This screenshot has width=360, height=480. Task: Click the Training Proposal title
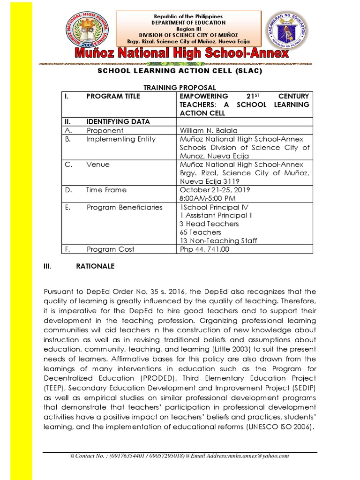tap(180, 88)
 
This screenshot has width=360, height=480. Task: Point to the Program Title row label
tap(113, 96)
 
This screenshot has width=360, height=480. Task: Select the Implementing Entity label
tap(121, 139)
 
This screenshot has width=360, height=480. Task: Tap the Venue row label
tap(98, 165)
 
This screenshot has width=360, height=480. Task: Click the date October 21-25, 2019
tap(215, 190)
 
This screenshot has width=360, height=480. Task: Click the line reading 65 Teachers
tap(201, 232)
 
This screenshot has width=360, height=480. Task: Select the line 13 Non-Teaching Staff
tap(218, 240)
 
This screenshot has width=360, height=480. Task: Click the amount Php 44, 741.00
tap(205, 249)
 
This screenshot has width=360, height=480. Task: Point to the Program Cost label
tap(110, 249)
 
